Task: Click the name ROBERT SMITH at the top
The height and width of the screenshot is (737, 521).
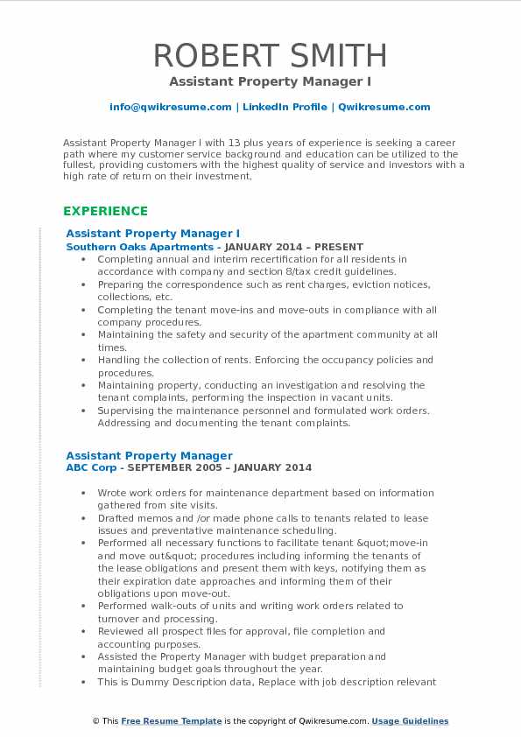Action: (270, 56)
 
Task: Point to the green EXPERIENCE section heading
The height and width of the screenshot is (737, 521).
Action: (105, 211)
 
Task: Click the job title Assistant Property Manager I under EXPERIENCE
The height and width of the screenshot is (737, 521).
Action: (152, 234)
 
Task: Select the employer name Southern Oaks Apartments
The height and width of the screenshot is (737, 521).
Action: (128, 247)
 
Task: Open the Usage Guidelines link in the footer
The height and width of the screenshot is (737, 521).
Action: (410, 721)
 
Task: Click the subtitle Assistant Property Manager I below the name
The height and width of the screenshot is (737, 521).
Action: (260, 81)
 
